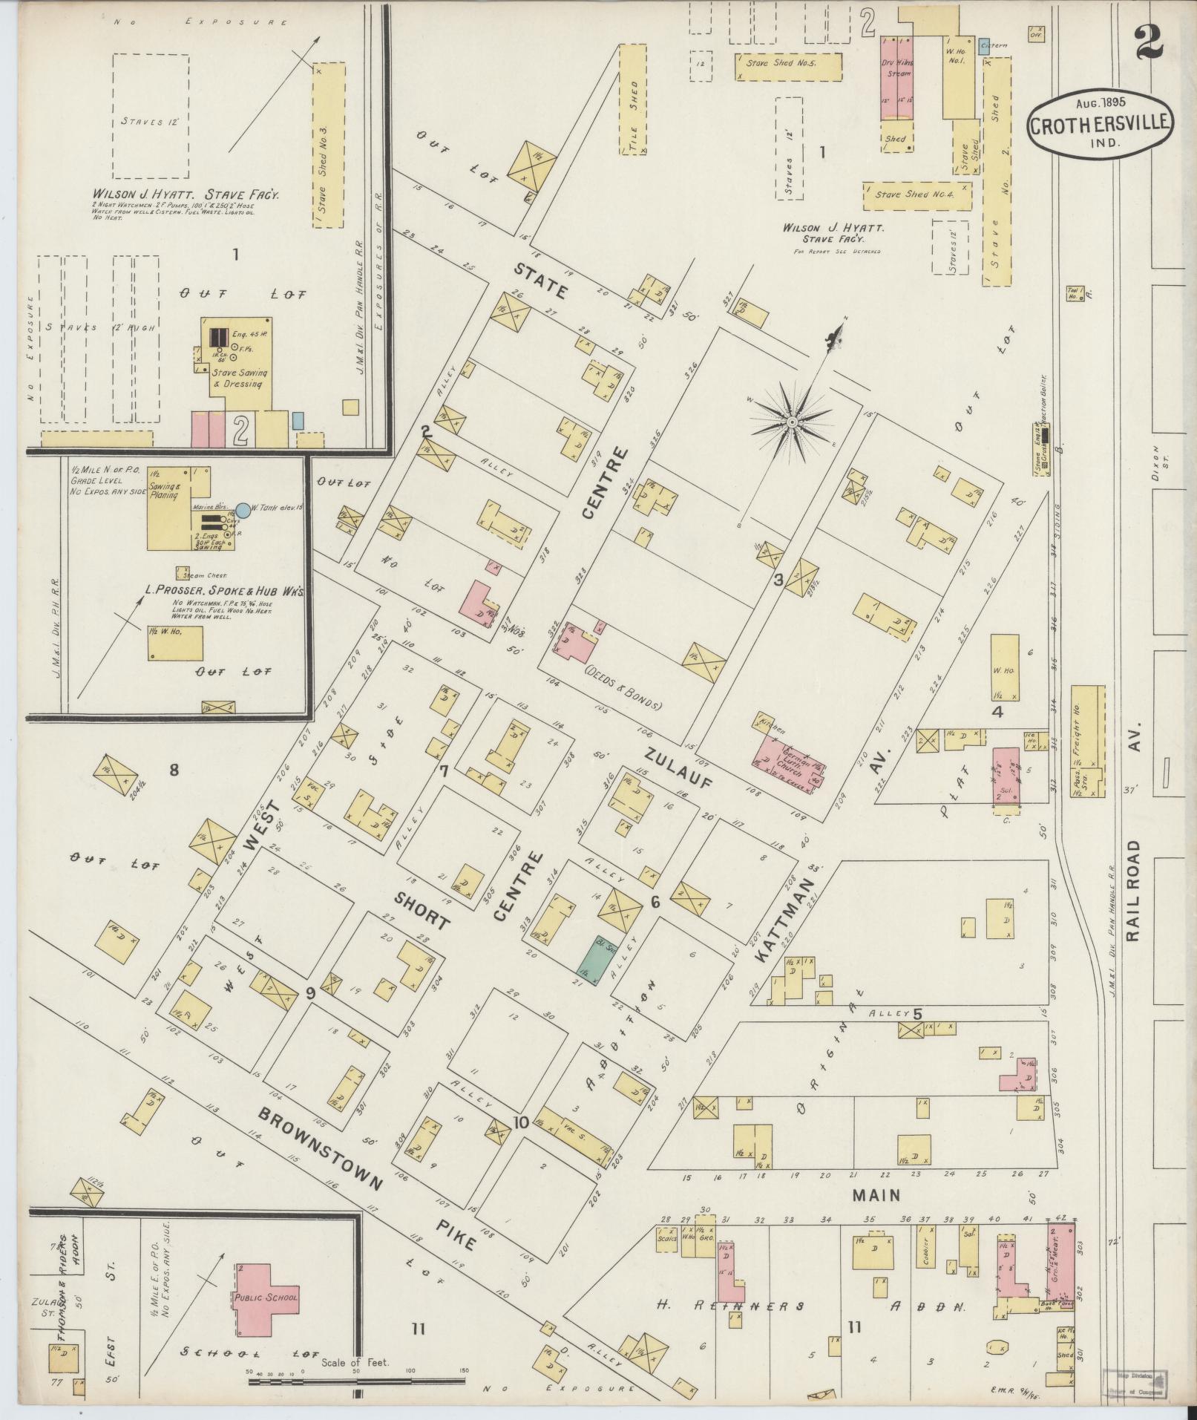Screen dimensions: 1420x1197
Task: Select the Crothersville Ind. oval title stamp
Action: pos(1101,125)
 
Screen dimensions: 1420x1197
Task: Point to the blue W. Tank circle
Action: pos(243,510)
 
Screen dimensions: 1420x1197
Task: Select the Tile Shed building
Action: pos(633,99)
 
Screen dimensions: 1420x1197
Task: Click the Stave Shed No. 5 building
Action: pos(788,66)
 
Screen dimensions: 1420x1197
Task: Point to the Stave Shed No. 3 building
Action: pos(328,145)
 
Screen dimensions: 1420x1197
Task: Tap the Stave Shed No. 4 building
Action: pos(917,196)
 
